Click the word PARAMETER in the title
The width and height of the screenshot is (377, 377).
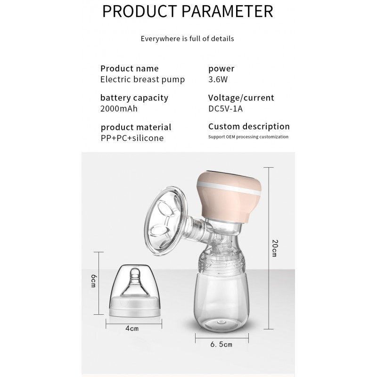(x=227, y=11)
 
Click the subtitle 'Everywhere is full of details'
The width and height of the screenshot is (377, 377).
(x=187, y=39)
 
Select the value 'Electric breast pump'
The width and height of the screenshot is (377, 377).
(x=143, y=80)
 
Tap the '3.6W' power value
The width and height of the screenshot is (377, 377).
(x=218, y=79)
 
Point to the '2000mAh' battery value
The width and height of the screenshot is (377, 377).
(x=119, y=109)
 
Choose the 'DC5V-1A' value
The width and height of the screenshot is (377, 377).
(x=226, y=109)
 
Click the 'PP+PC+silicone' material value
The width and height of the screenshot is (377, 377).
(x=132, y=138)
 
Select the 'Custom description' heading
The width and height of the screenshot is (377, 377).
(x=249, y=126)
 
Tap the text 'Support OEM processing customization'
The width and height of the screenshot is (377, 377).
(x=248, y=137)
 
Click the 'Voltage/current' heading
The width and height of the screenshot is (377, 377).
(x=241, y=98)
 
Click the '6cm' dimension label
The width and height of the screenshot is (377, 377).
(x=93, y=281)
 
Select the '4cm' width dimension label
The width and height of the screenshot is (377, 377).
(x=132, y=328)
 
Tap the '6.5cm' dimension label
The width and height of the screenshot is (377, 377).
(x=221, y=344)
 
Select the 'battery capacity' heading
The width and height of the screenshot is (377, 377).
(x=134, y=98)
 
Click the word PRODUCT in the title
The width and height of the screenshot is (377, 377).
(x=139, y=11)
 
